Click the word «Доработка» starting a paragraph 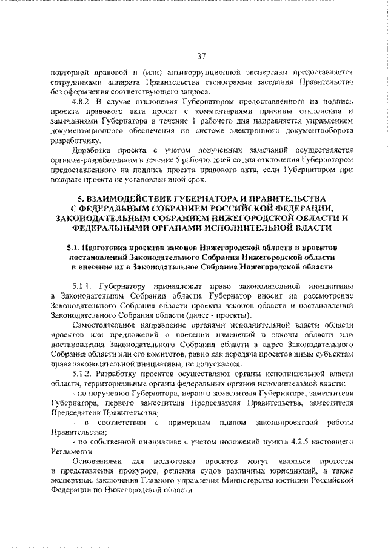(x=90, y=149)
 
